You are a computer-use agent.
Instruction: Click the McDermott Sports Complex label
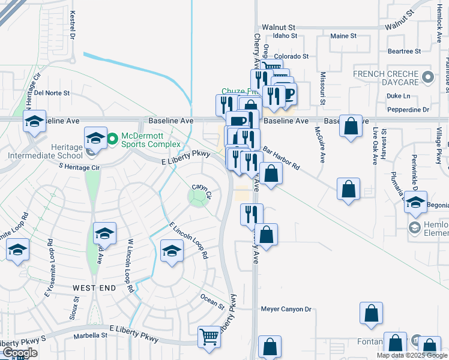click(151, 140)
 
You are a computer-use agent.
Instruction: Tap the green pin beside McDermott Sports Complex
click(112, 140)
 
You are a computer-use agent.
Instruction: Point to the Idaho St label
click(285, 36)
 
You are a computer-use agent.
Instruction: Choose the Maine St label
click(343, 36)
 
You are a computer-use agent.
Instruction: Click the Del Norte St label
click(52, 93)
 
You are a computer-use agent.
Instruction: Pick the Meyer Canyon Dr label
click(286, 310)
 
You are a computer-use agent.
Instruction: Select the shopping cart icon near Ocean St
click(209, 337)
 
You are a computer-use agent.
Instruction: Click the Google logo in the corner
click(20, 353)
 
